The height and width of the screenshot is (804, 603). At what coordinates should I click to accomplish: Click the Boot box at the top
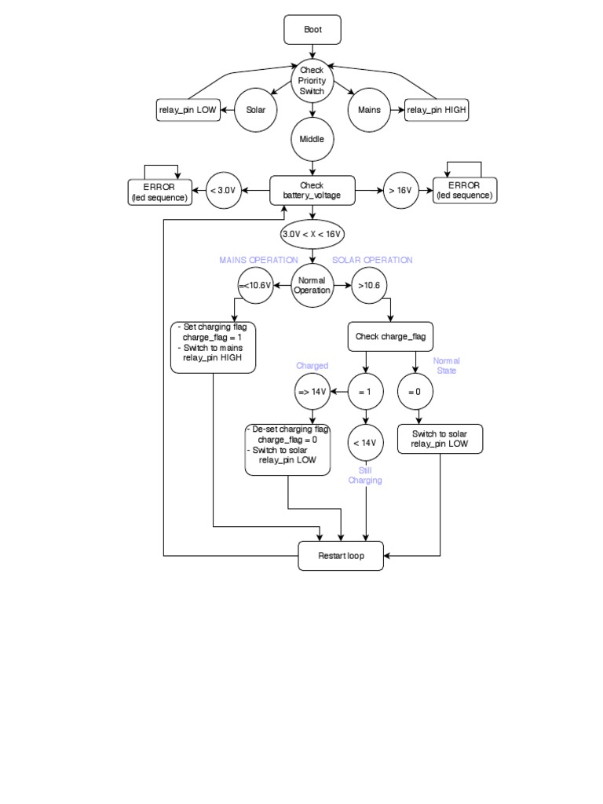click(312, 31)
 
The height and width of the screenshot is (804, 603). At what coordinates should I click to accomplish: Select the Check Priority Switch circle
click(312, 81)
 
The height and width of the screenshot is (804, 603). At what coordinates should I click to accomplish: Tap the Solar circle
click(256, 110)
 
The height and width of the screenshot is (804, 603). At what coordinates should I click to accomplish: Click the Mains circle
click(369, 110)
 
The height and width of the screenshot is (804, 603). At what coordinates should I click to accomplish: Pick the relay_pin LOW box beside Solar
click(188, 110)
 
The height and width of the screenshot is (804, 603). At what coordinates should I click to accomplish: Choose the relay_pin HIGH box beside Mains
click(437, 110)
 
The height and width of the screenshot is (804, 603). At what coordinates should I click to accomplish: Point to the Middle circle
click(312, 139)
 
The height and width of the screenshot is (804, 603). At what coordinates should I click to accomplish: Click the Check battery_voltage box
click(312, 191)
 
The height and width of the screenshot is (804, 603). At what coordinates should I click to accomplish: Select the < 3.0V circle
click(223, 191)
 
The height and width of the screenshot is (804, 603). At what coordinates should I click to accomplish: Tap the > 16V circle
click(401, 191)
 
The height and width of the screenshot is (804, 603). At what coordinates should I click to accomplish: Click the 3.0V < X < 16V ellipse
click(312, 234)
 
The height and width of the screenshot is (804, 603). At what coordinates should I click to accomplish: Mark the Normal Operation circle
click(312, 285)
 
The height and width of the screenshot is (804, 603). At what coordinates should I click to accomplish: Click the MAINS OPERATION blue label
click(258, 260)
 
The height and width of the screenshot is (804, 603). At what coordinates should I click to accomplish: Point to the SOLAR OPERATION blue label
click(372, 260)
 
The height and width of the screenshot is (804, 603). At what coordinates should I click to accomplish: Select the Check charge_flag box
click(390, 336)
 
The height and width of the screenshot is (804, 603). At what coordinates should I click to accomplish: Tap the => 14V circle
click(312, 391)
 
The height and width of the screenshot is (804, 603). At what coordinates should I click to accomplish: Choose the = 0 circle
click(415, 391)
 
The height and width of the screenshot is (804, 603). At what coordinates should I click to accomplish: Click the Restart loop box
click(341, 556)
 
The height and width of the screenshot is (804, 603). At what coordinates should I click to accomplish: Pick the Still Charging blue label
click(365, 475)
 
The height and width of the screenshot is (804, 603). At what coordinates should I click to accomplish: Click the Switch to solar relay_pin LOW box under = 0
click(440, 439)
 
